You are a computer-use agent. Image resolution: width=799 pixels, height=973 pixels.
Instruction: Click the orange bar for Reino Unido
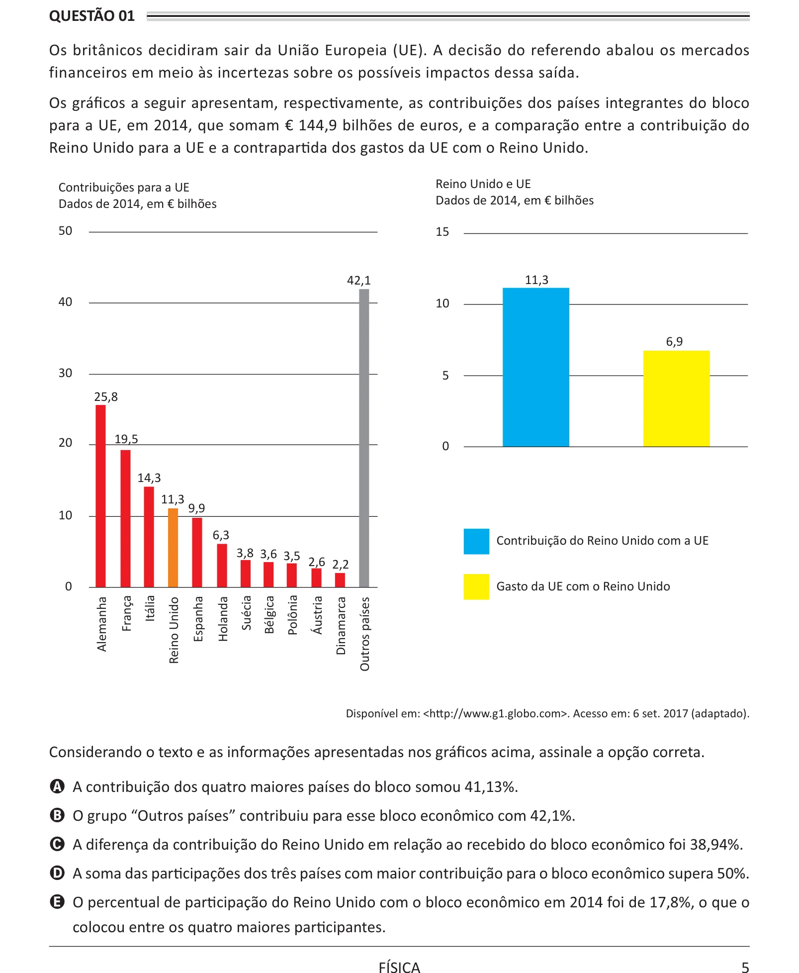pos(173,548)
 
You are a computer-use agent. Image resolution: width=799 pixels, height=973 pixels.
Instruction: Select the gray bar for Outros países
pos(364,438)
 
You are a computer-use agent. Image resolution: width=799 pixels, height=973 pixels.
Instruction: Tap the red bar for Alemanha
pos(100,496)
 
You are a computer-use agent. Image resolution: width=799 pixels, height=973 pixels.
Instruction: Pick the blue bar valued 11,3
pos(535,367)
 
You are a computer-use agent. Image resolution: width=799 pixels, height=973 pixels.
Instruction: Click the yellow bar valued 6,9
pos(676,398)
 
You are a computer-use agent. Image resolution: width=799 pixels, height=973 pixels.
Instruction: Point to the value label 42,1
pos(359,281)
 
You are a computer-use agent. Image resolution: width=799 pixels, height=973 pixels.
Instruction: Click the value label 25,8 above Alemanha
pos(106,397)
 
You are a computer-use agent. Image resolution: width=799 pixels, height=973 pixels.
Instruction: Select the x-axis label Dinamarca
pos(341,626)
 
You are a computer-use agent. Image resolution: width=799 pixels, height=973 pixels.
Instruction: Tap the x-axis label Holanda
pos(223,619)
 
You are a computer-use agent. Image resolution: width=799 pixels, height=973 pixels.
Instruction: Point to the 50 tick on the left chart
pos(65,231)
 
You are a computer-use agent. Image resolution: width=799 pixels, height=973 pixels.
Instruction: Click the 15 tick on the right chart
pos(442,232)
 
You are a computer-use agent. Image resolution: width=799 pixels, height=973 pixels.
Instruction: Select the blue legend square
pos(476,541)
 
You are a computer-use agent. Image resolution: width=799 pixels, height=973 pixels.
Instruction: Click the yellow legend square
pos(476,587)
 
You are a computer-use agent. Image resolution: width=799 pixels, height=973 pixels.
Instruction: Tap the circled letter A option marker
pos(58,786)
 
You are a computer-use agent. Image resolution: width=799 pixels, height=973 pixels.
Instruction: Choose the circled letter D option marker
pos(58,873)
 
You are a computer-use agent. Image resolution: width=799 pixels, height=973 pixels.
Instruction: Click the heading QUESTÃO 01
pos(92,16)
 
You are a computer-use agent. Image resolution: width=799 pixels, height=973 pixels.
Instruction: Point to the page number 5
pos(745,967)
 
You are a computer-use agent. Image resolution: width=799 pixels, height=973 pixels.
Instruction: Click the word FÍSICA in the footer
pos(399,967)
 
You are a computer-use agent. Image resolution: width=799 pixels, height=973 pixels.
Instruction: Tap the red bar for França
pos(125,519)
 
